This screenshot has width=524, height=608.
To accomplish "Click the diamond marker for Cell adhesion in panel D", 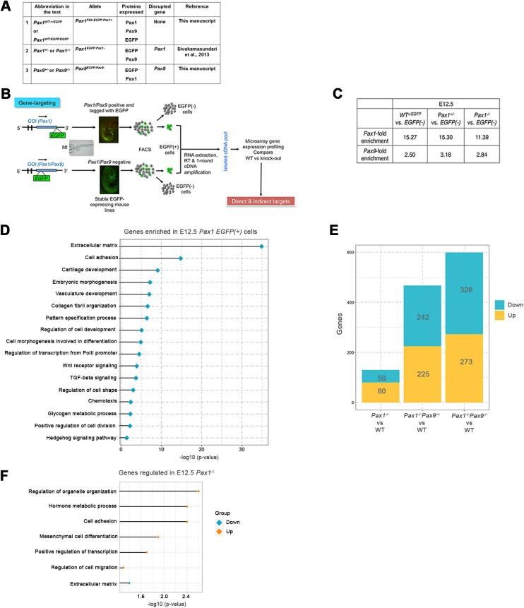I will click(x=180, y=258).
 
